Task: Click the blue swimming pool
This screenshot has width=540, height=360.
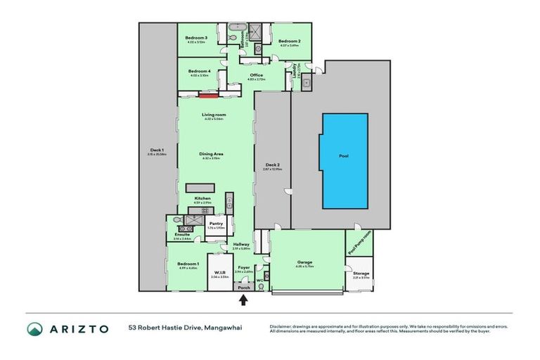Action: [x=345, y=161]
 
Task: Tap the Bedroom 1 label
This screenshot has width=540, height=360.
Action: [x=188, y=264]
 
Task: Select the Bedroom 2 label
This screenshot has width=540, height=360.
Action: [x=289, y=41]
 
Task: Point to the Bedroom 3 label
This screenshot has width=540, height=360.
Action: [x=196, y=37]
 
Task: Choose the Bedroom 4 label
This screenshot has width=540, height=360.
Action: [x=200, y=71]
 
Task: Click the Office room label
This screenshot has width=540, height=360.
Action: [x=256, y=75]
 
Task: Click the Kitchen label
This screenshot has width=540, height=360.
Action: [x=202, y=199]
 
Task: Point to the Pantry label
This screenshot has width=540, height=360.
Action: [x=216, y=224]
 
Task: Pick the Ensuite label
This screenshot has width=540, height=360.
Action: [x=181, y=235]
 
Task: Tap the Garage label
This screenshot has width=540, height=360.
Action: [x=304, y=262]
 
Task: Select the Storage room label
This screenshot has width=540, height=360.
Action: [x=361, y=273]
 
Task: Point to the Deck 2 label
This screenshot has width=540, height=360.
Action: [x=271, y=165]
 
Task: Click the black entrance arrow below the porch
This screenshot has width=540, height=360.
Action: [x=244, y=300]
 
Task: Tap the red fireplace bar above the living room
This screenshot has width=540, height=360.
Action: [x=205, y=96]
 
